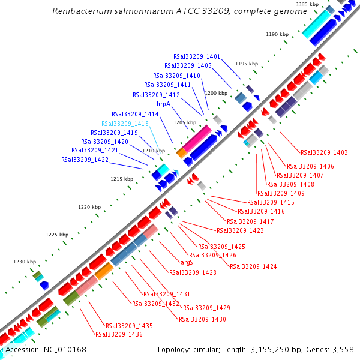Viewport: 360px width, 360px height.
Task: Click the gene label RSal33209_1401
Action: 197,56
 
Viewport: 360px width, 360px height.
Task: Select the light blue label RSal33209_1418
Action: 125,124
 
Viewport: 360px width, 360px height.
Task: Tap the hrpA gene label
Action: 164,104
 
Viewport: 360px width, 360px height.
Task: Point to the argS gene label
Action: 187,262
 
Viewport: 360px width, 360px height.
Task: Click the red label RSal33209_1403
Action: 324,152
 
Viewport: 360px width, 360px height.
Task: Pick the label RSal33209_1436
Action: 119,334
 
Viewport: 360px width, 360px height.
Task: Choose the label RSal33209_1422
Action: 85,160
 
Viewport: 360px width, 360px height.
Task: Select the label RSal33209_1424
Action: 253,266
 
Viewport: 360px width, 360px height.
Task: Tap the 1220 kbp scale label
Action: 89,207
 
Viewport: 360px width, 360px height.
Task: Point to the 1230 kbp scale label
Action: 25,262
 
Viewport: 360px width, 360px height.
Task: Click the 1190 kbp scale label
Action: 277,34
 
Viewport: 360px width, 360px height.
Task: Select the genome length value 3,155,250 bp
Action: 287,349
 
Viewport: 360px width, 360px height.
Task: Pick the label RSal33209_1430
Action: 202,319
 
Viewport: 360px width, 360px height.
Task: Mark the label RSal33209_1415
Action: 271,203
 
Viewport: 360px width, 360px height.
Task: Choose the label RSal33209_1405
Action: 188,65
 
